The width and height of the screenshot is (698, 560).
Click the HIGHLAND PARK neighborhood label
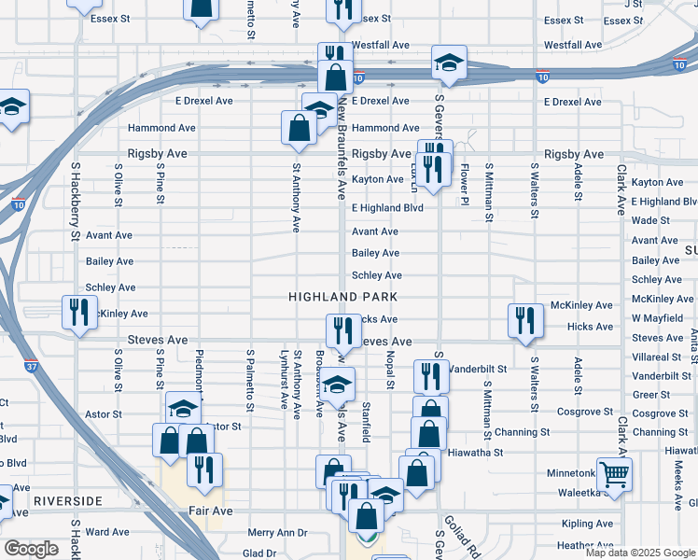[343, 297]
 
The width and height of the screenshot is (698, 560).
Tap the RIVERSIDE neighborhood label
[66, 501]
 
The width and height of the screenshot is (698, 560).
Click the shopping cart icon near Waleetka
[614, 475]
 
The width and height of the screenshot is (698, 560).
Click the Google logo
[31, 548]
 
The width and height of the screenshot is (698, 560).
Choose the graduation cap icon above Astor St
[183, 408]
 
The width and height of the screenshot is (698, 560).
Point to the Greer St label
[651, 395]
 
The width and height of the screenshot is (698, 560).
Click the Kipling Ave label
[588, 525]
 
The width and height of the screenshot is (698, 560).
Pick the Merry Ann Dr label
[277, 533]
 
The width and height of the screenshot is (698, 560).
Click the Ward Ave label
[107, 532]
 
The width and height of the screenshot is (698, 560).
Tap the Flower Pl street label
[463, 184]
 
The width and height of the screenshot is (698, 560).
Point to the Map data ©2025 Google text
[639, 553]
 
